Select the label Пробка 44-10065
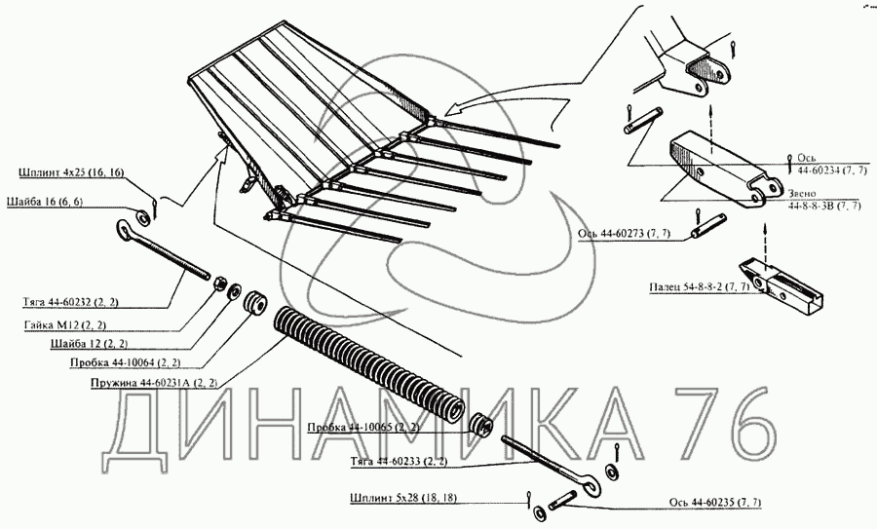pos(363,428)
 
